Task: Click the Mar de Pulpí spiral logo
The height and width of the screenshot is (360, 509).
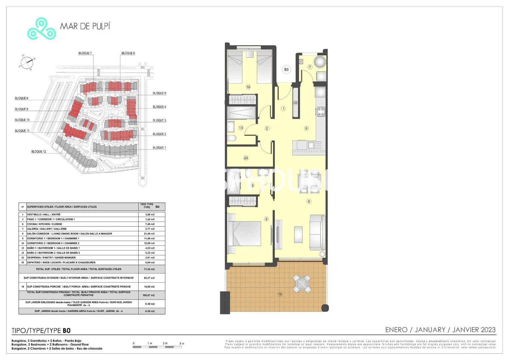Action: [x=41, y=29]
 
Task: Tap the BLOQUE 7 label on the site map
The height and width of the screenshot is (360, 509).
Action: [x=85, y=53]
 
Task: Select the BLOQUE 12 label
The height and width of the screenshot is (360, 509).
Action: [x=39, y=152]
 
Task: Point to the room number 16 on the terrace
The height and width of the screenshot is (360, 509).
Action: [x=280, y=294]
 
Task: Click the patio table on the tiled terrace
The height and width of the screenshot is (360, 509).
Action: [x=302, y=284]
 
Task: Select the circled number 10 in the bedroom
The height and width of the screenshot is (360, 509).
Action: [x=248, y=87]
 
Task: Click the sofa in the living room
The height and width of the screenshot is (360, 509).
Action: [x=317, y=233]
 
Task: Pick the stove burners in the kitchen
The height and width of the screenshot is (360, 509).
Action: [x=321, y=111]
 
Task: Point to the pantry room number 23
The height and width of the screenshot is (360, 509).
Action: [x=246, y=158]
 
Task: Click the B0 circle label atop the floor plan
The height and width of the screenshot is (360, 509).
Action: [x=286, y=70]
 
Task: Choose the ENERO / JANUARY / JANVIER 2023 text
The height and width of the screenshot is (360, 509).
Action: [x=440, y=330]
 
